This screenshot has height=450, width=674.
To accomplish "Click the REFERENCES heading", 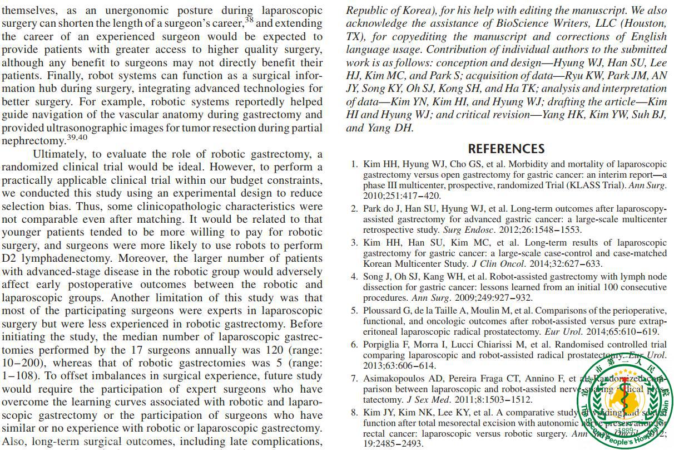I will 506,149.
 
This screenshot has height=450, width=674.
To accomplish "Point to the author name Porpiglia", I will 384,345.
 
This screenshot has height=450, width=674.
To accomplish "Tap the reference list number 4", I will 354,277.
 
